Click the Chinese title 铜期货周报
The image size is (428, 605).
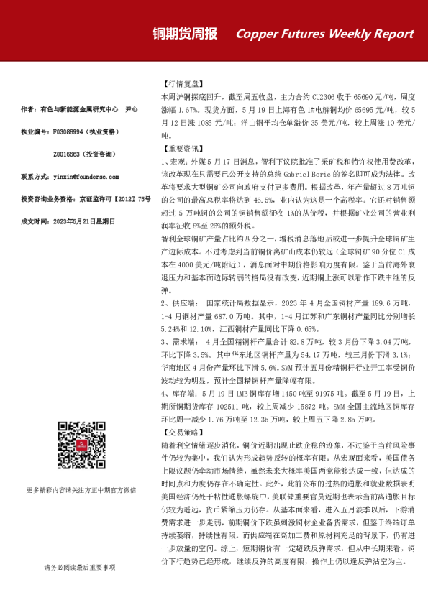(186, 34)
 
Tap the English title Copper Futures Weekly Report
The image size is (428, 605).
(324, 34)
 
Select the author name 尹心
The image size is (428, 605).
(131, 110)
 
